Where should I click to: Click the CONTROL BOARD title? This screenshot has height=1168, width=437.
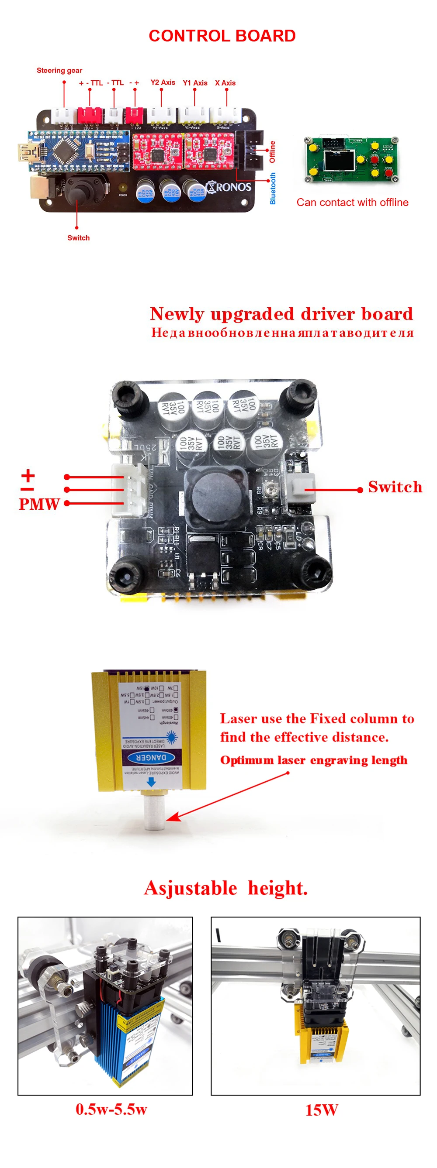tap(222, 36)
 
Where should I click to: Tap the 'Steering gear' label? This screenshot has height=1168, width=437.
tap(59, 70)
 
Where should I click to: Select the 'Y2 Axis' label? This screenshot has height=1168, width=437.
tap(163, 82)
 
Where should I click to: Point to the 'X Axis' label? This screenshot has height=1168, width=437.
tap(225, 82)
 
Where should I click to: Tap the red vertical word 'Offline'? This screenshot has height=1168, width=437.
tap(272, 151)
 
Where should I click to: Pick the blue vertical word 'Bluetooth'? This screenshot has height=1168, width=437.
tap(273, 188)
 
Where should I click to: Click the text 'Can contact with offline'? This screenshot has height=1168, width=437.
tap(352, 202)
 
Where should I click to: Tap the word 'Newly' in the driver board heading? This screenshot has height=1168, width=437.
tap(177, 314)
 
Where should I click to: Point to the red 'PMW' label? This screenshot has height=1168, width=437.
tap(39, 504)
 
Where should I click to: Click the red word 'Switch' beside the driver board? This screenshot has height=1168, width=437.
tap(395, 487)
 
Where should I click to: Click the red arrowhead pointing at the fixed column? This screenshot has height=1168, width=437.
tap(173, 817)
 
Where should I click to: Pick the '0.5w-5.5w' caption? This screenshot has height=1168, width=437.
tap(111, 1109)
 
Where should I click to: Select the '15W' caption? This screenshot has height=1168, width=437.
tap(321, 1110)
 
